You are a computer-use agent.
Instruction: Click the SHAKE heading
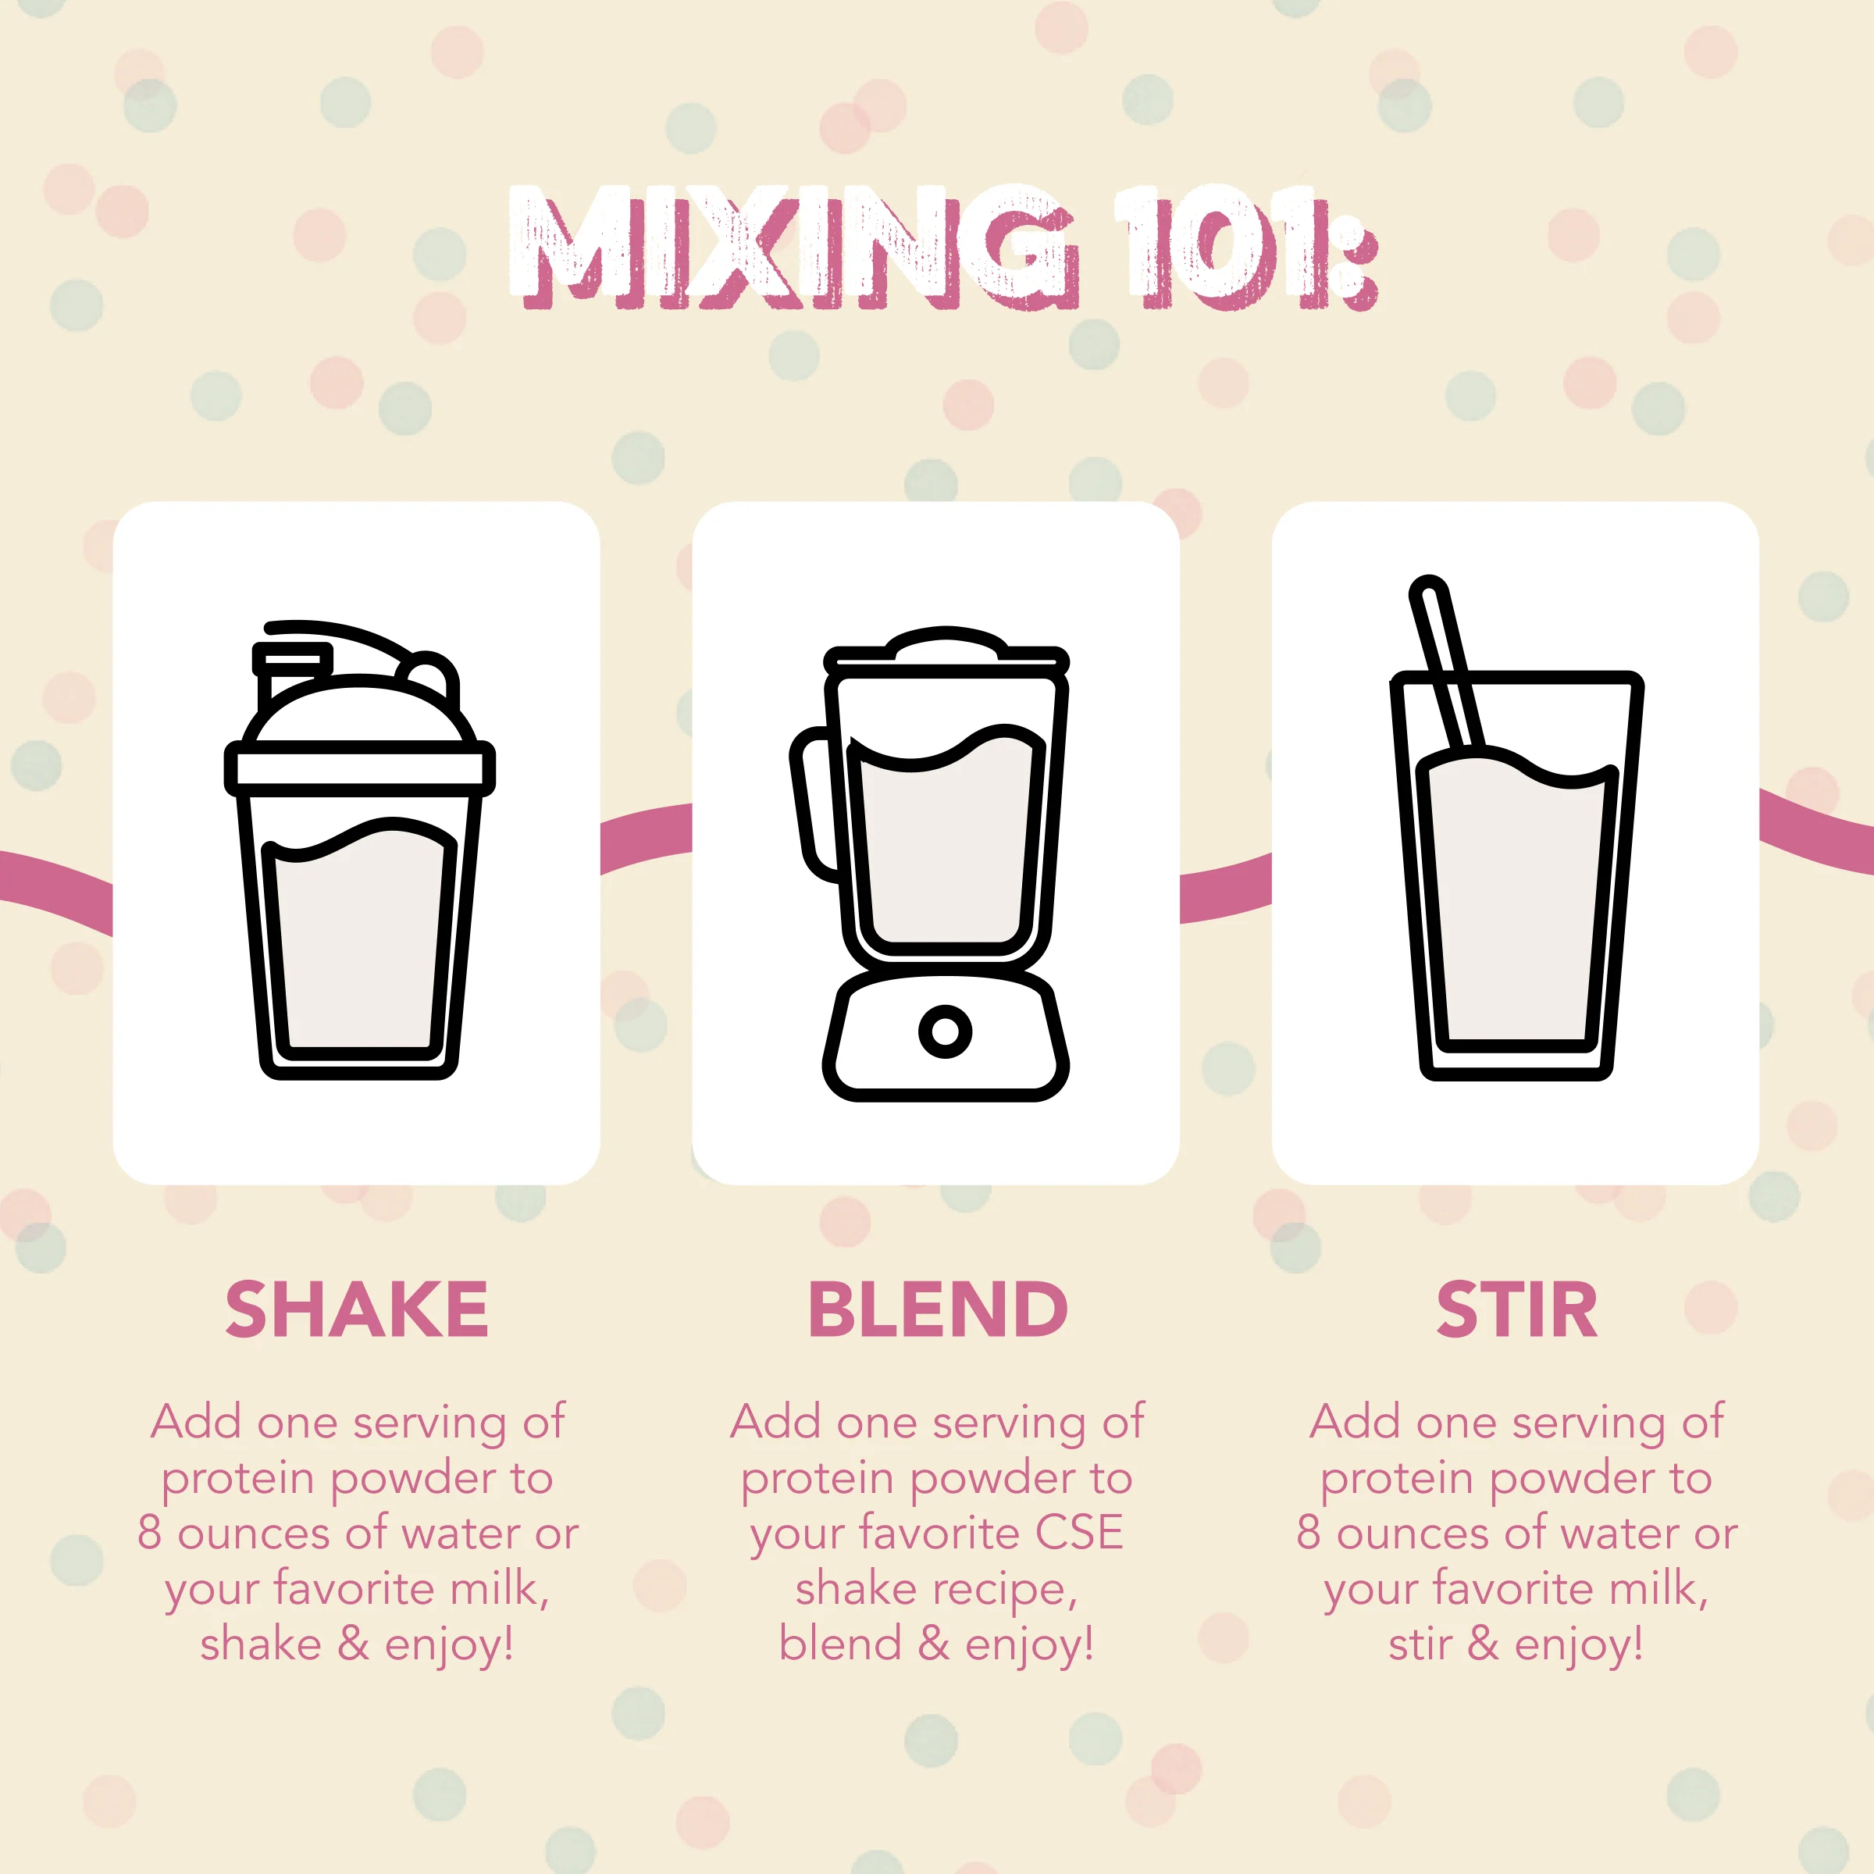(x=356, y=1309)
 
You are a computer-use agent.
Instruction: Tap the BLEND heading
(x=937, y=1309)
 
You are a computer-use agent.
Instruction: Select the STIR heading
(x=1516, y=1309)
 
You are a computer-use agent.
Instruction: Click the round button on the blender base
(x=945, y=1030)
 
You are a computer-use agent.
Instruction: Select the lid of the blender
(x=946, y=648)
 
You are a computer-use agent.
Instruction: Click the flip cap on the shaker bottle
(x=291, y=661)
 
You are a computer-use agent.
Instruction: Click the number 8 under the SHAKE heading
(x=148, y=1534)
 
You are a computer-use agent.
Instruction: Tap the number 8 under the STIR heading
(x=1309, y=1534)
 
